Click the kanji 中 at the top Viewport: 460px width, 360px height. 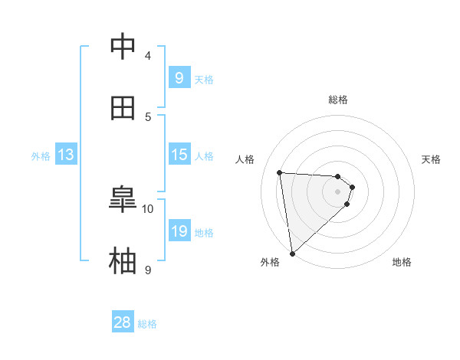coord(123,47)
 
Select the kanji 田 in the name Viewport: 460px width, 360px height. coord(123,108)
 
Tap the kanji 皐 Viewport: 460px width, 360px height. coord(123,200)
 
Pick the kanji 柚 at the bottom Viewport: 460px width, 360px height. coord(123,261)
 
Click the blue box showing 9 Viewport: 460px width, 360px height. coord(179,77)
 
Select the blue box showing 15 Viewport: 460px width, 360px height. coord(179,155)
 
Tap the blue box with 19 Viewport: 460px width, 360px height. coord(179,231)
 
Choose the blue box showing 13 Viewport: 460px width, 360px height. coord(66,155)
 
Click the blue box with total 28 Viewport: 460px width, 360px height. coord(123,322)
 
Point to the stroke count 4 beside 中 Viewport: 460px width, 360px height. coord(148,55)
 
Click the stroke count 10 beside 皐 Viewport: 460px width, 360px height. coord(148,208)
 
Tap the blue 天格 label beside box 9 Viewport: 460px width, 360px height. coord(204,79)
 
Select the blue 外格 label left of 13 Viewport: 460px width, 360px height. coord(41,156)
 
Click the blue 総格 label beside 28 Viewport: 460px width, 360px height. coord(147,324)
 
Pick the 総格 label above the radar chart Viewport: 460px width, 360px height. coord(338,100)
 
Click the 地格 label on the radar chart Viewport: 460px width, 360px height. coord(402,262)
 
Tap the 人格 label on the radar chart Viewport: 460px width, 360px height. coord(245,159)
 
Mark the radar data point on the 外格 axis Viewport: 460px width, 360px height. coord(292,253)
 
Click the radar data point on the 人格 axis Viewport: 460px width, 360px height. coord(280,172)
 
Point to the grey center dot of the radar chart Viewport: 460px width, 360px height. coord(338,191)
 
